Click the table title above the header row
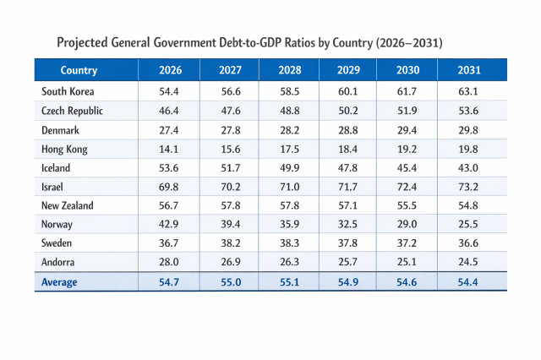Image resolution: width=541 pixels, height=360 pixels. point(249,42)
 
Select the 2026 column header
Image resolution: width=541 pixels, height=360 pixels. point(168,70)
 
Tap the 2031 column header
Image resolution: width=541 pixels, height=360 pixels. point(468,70)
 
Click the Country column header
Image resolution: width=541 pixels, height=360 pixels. point(79,70)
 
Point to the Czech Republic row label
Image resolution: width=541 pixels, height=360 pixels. point(72,111)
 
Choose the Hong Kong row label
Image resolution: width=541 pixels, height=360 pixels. point(64,149)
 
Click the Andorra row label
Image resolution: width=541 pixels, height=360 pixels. point(60,263)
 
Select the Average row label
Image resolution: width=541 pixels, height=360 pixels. point(59,282)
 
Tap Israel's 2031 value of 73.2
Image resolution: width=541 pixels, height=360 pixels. point(468,187)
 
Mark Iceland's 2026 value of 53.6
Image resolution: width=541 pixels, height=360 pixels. point(168,167)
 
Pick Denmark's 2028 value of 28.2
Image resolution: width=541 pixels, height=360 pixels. point(288,129)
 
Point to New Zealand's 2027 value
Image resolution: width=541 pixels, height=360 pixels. point(228,205)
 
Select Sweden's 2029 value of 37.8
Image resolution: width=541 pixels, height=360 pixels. point(348,243)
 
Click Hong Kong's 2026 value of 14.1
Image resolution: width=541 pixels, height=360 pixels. point(168,149)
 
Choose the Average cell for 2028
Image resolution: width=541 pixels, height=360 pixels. point(288,282)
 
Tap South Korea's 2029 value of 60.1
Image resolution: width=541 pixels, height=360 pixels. point(348,91)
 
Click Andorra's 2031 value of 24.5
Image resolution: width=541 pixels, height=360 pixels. point(468,263)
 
